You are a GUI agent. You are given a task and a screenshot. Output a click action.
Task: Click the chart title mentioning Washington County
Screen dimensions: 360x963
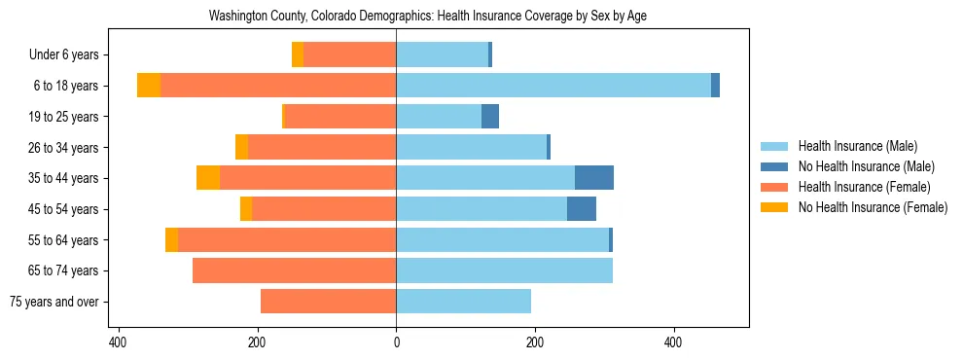[428, 16]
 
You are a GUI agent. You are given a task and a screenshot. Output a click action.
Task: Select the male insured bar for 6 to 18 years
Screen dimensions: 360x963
[553, 86]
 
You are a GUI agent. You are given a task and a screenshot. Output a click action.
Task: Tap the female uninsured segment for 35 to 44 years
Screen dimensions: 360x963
[208, 178]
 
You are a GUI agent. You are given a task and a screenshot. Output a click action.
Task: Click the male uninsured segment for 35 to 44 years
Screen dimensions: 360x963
[594, 178]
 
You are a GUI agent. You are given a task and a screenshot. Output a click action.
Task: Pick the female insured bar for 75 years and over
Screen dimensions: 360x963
[328, 302]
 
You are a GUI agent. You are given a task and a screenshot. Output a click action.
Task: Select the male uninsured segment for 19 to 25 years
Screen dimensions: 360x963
[490, 117]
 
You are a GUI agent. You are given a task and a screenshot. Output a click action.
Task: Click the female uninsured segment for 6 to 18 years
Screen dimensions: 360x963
[149, 86]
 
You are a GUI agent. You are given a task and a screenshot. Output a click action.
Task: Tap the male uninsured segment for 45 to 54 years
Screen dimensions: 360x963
[582, 209]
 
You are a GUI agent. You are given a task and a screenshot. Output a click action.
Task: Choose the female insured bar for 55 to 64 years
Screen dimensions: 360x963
[287, 239]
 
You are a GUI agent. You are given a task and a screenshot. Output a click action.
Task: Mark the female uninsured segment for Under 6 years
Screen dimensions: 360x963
[298, 54]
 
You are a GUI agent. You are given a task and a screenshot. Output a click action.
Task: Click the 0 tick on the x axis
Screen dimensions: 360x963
[396, 343]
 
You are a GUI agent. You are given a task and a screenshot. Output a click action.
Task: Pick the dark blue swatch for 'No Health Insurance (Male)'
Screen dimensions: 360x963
[774, 166]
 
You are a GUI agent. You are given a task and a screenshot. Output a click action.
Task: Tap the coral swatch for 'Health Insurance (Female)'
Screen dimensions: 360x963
[774, 187]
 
